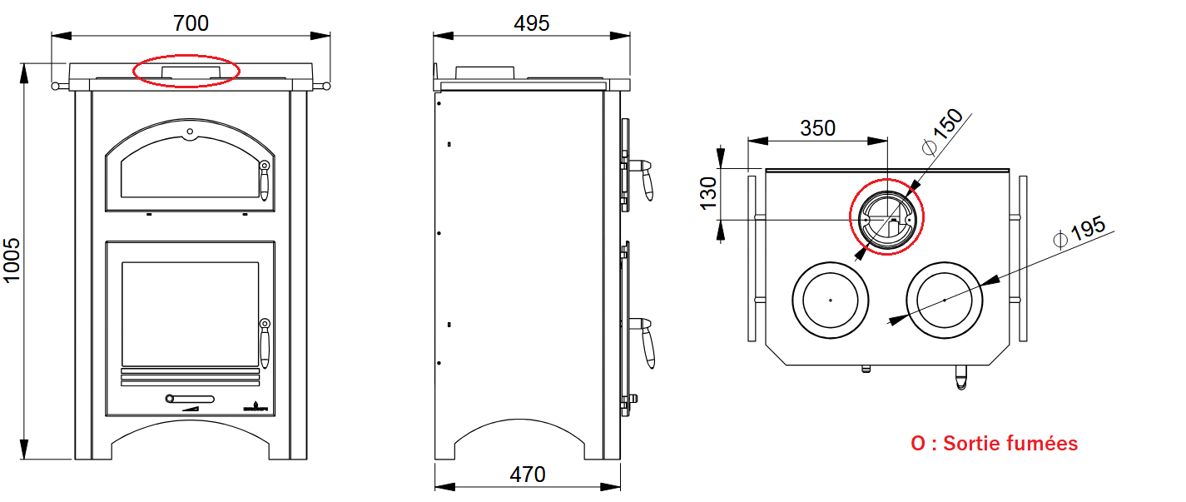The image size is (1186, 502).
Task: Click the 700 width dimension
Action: coord(191,23)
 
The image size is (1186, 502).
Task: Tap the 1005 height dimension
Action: coord(12,261)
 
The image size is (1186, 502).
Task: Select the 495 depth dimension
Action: coord(531,23)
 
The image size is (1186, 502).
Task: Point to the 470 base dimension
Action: coord(528,475)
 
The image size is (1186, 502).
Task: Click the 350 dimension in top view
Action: coord(817,128)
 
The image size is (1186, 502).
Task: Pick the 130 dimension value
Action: coord(708,194)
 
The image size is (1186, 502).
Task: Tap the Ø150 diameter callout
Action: coord(942,132)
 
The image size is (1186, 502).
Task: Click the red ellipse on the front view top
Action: coord(186,55)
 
